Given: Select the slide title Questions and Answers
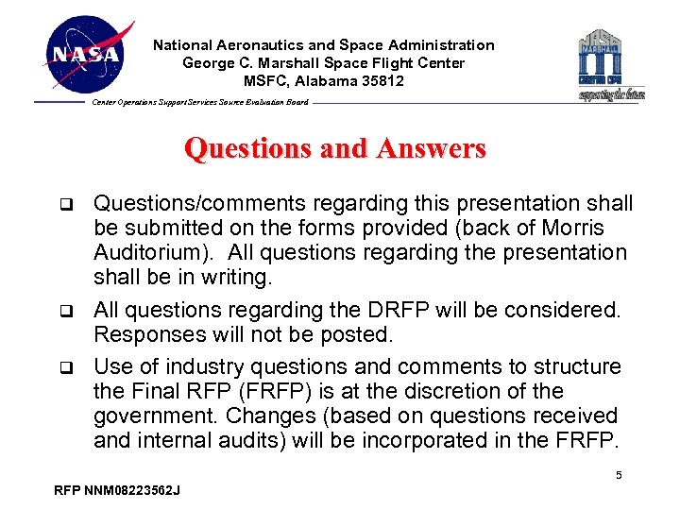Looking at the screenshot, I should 335,149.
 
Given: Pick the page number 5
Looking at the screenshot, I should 619,475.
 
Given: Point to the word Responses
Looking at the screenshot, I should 142,335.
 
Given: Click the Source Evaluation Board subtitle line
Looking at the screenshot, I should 199,102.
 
